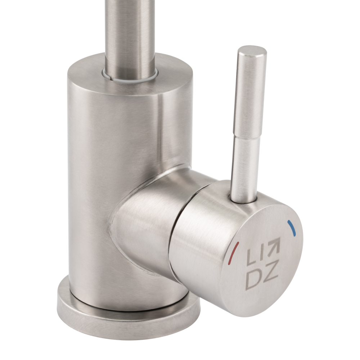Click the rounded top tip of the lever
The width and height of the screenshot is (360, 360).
(252, 51)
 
